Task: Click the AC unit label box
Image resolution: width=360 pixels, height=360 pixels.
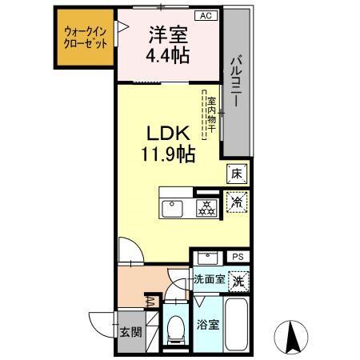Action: point(205,16)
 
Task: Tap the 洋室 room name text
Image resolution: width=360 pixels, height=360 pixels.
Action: point(167,35)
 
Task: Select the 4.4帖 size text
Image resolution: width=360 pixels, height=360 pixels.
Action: point(167,57)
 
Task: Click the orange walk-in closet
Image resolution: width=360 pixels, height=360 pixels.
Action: point(86,38)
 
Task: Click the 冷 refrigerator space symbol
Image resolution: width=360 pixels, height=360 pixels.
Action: point(237,203)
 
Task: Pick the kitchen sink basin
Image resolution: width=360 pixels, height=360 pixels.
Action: point(174,209)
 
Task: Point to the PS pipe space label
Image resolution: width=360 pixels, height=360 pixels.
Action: point(238,257)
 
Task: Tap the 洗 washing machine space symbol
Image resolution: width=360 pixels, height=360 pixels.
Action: point(237,281)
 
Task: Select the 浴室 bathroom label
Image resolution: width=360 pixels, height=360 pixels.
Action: point(206,326)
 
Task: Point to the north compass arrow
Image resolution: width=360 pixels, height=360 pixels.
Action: point(294,334)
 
